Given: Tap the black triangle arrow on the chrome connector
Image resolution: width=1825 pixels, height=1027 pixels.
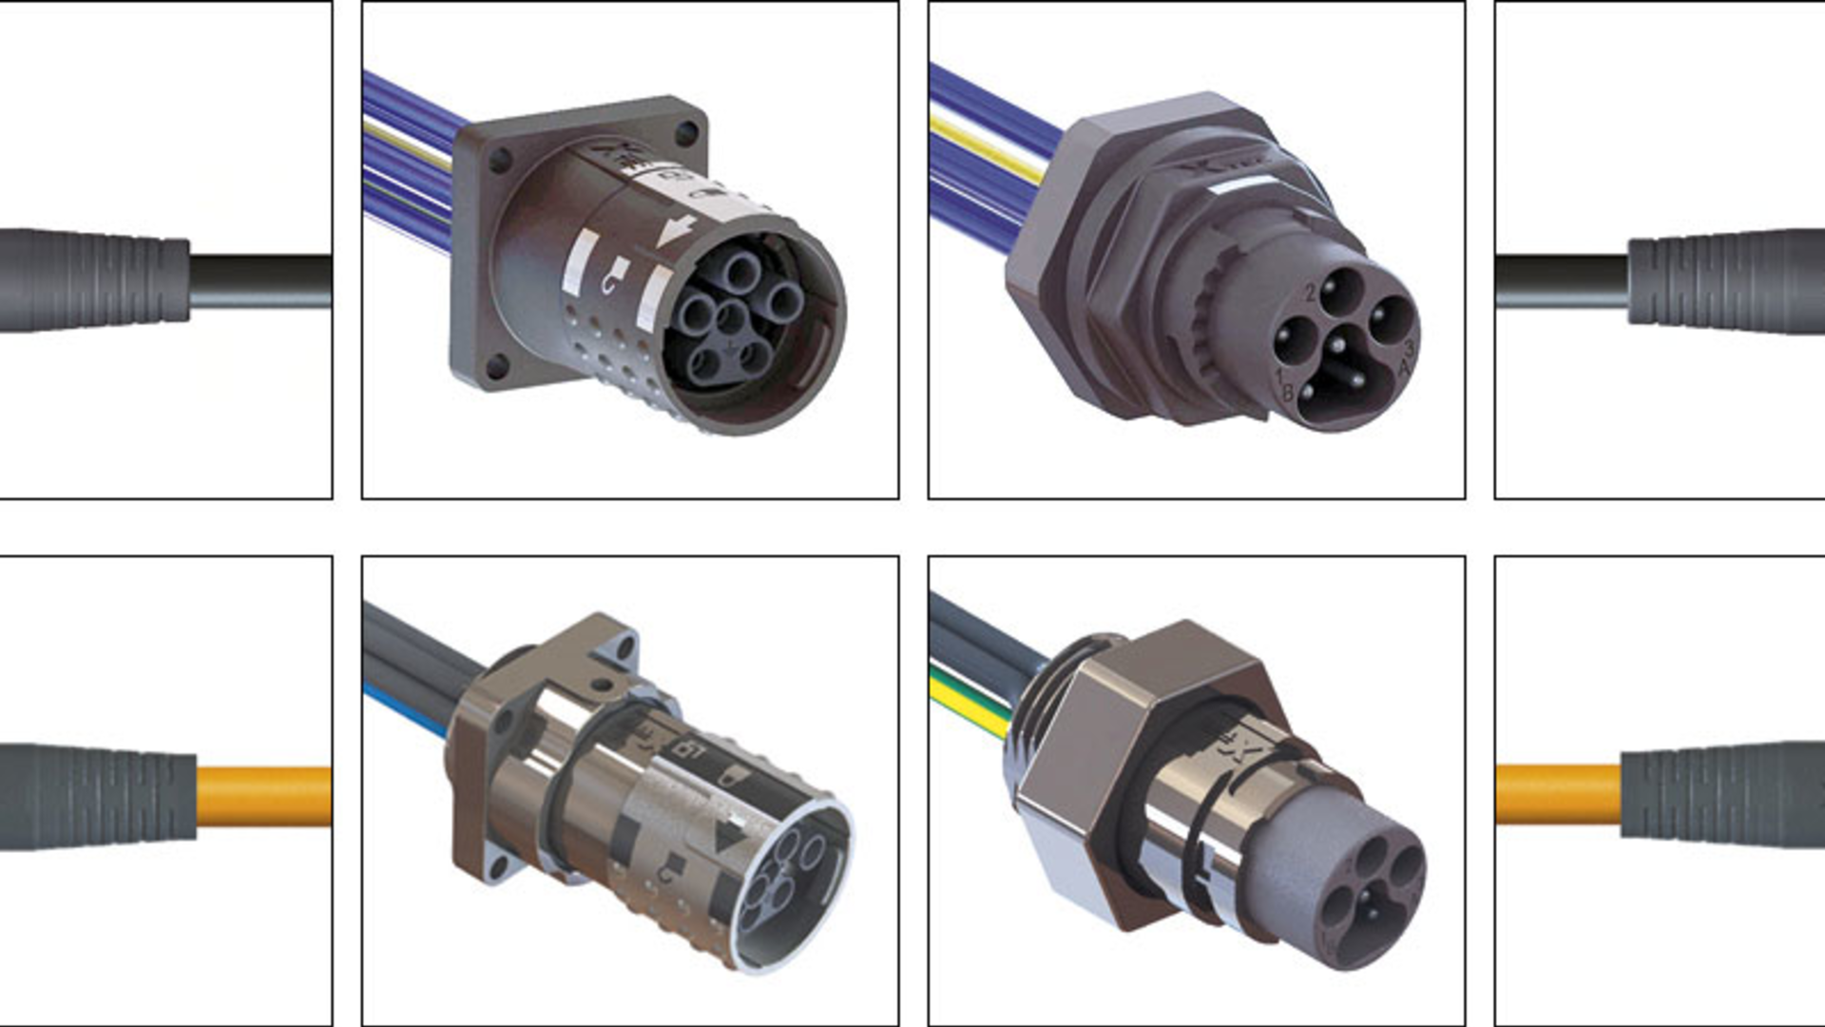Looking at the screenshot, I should [729, 837].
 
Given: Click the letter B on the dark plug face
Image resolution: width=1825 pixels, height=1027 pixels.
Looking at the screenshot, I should [1288, 391].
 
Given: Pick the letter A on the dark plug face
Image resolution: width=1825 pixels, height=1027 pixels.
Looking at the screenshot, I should [1405, 365].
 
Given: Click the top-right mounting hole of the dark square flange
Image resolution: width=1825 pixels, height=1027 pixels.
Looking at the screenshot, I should [684, 133].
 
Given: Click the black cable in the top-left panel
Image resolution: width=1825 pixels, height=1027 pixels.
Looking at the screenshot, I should [261, 281].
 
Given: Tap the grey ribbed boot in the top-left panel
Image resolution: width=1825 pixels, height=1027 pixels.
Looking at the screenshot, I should [95, 281].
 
